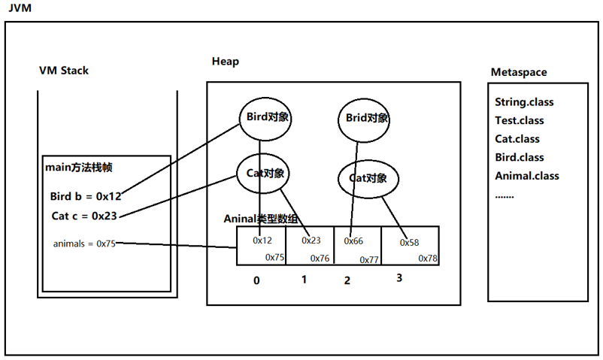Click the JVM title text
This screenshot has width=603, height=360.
coord(20,8)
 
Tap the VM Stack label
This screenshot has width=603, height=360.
coord(64,71)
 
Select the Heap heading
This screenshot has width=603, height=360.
coord(226,61)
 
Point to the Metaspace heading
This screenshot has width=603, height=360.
coord(519,72)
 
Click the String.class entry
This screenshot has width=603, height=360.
coord(524,102)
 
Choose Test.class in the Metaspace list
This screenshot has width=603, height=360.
coord(519,120)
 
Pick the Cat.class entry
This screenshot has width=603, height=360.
coord(517,139)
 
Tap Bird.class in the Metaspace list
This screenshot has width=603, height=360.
coord(519,157)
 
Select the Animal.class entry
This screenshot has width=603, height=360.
coord(527,176)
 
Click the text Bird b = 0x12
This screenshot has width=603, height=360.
coord(86,196)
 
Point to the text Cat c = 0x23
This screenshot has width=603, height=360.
coord(84,216)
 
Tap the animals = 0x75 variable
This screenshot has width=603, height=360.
coord(84,244)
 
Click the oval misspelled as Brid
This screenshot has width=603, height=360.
coord(364,120)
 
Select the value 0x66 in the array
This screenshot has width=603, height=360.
coord(353,241)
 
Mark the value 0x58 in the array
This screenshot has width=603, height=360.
coord(409,243)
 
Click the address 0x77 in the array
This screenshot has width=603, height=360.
coord(369,260)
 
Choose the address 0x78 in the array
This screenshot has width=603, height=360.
coord(428,259)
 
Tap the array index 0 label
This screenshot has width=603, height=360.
coord(256,281)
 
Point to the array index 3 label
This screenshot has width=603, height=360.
coord(399,277)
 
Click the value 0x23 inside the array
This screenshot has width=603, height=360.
coord(311,241)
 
